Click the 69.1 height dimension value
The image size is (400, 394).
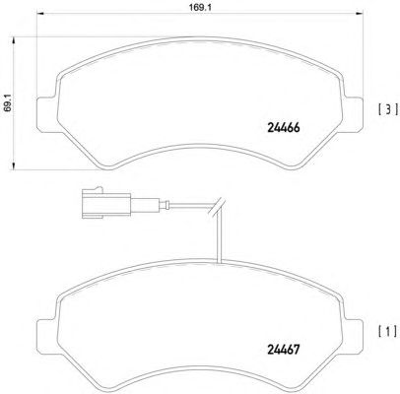[8, 103]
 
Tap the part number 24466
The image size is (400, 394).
[284, 128]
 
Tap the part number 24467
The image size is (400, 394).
[284, 350]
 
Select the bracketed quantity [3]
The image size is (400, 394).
[388, 109]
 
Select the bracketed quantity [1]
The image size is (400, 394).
[388, 332]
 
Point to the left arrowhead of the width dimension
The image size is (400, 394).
[40, 14]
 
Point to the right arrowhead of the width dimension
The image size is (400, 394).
[360, 14]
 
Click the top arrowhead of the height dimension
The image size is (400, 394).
[14, 40]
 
